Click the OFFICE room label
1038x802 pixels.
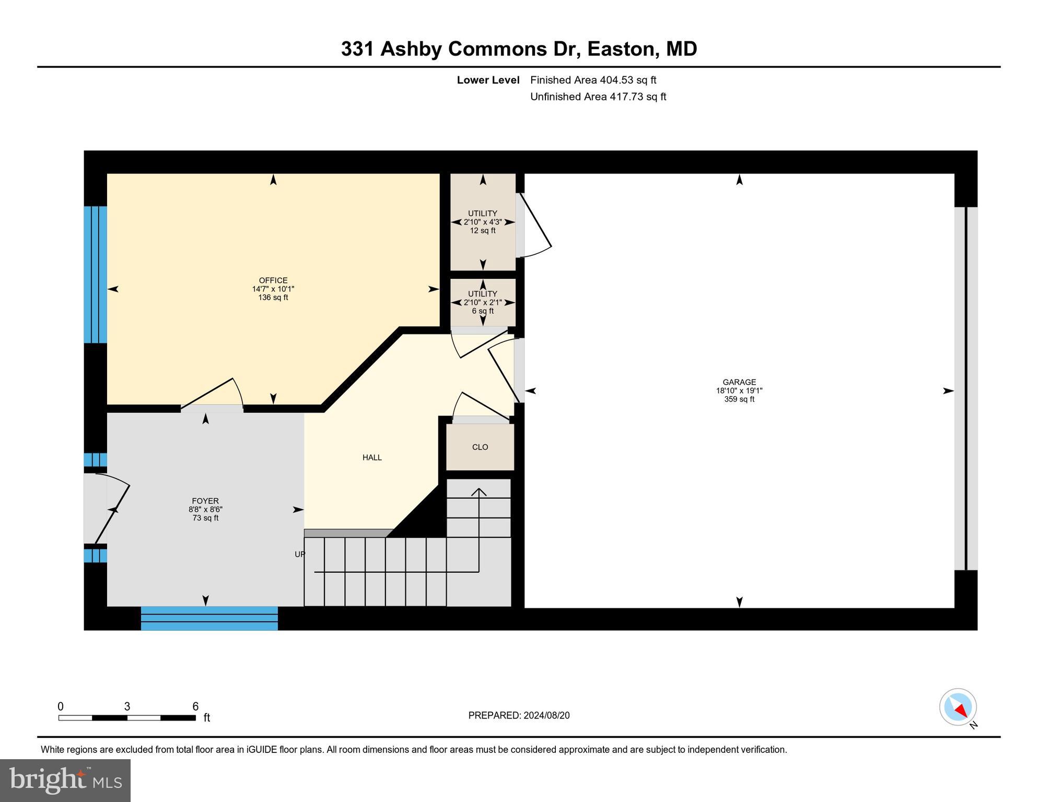tap(273, 280)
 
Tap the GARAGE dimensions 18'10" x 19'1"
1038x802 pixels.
tap(739, 391)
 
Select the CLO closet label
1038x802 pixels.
tap(480, 447)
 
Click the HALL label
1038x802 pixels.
tap(372, 457)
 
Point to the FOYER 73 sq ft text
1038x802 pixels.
tap(205, 518)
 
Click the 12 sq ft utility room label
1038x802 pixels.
tap(482, 230)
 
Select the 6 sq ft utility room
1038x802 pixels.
tap(482, 303)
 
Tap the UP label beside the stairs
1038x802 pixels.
tap(299, 554)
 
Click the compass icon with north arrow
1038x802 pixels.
tap(958, 707)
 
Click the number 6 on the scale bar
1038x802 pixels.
tap(195, 706)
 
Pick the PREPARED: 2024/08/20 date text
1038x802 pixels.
tap(519, 715)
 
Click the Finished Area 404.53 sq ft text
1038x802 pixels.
tap(593, 80)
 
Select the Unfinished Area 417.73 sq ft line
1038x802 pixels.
tap(598, 97)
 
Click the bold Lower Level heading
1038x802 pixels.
tap(488, 80)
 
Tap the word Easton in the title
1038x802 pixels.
tap(621, 49)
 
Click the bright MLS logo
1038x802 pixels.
tap(65, 780)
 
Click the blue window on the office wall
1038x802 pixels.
tap(96, 275)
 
